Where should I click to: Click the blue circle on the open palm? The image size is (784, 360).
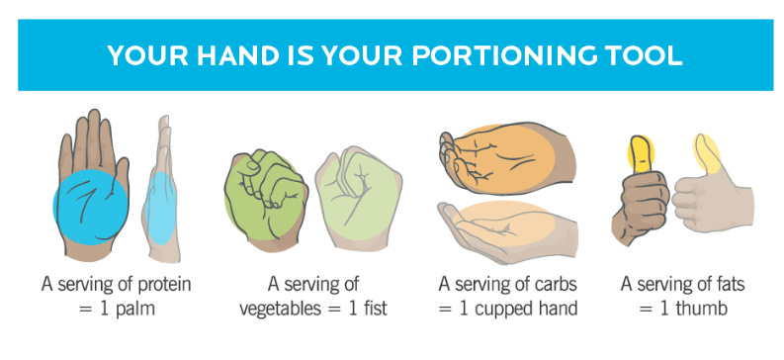[91, 207]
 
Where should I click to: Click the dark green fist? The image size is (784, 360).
[265, 199]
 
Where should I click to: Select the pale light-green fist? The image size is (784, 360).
[359, 199]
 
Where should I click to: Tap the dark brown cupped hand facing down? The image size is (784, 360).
[506, 158]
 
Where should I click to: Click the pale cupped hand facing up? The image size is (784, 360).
[507, 231]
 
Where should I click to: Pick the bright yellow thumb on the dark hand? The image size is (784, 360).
[642, 152]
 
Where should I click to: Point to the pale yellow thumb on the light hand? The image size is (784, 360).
[707, 153]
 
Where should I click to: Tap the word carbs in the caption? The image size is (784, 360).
[556, 284]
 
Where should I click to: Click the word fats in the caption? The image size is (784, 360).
[728, 284]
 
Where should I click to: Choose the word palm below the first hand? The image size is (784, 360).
[135, 309]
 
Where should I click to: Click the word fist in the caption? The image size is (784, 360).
[374, 308]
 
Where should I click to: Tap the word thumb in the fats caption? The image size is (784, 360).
[701, 308]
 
